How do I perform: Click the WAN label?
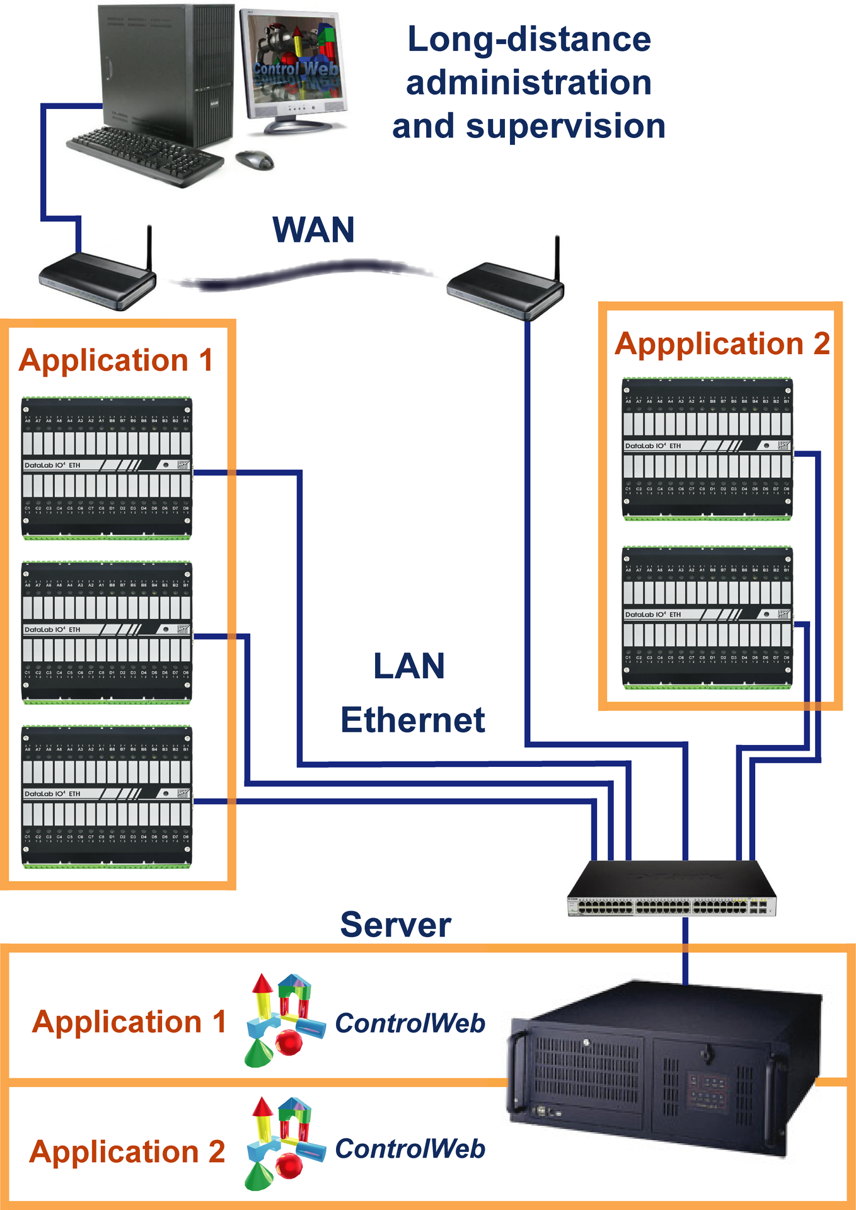click(313, 230)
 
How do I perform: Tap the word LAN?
click(409, 667)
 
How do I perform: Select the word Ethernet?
click(413, 720)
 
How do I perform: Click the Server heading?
click(395, 925)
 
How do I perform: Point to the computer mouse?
click(255, 159)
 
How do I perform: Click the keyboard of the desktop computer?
click(146, 154)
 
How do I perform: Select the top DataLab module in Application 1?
click(107, 468)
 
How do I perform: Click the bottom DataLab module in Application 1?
click(107, 797)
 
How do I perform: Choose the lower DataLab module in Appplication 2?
click(707, 618)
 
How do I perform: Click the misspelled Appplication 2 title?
click(722, 344)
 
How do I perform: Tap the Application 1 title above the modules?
click(116, 360)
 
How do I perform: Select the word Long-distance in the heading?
click(529, 39)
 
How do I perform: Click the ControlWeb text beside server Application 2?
click(410, 1149)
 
